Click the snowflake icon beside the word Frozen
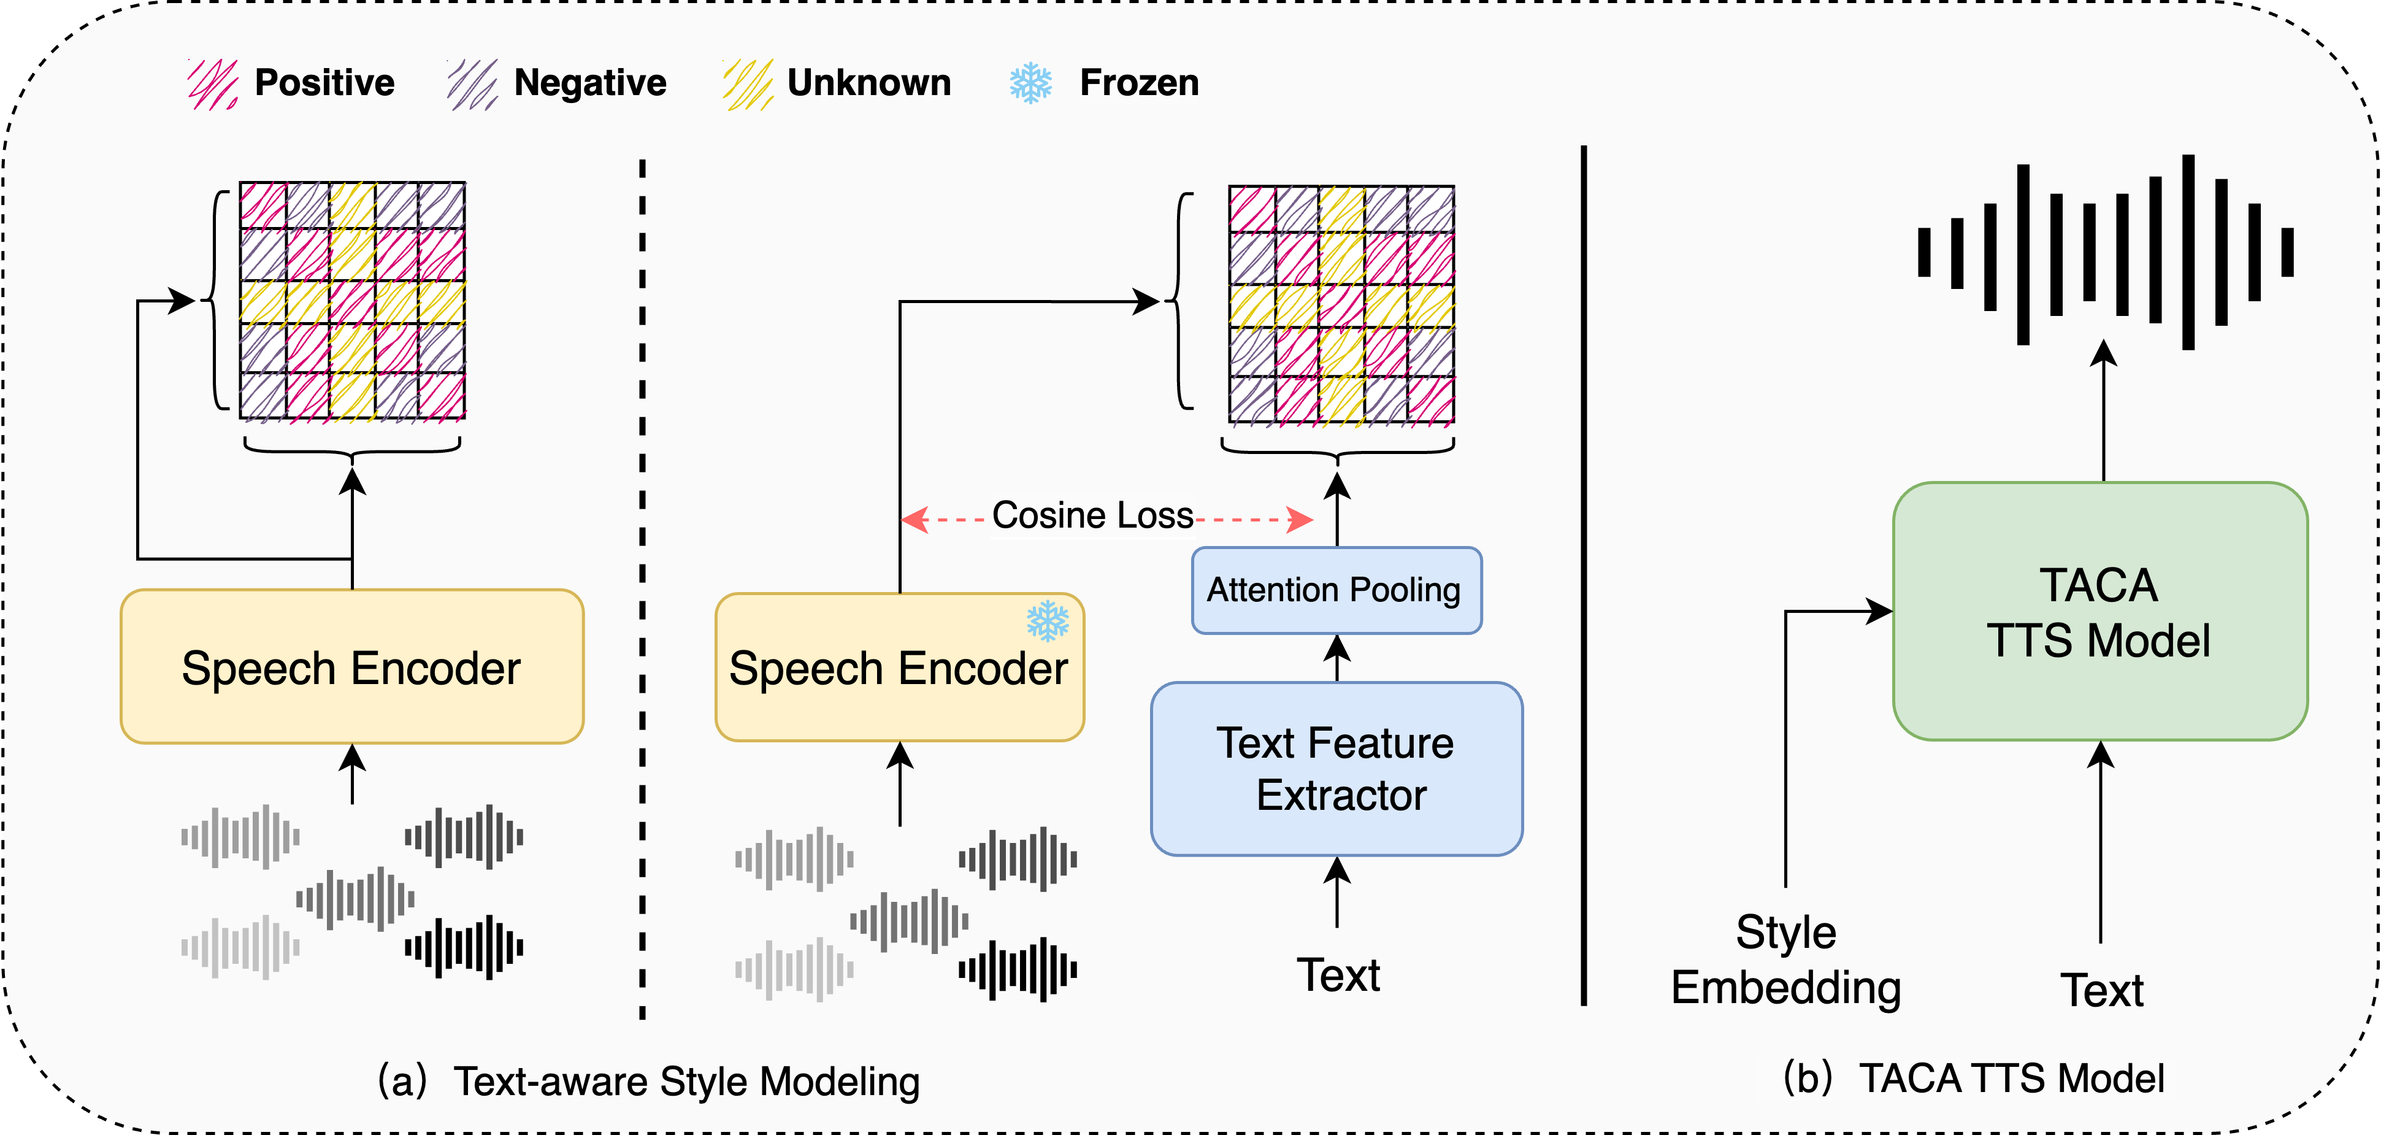click(x=1030, y=83)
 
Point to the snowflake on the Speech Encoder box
click(x=1047, y=620)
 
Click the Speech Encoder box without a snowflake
click(x=351, y=667)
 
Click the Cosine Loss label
click(x=1092, y=515)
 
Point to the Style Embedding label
click(x=1785, y=960)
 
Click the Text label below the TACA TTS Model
click(x=2101, y=990)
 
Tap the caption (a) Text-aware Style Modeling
click(x=649, y=1081)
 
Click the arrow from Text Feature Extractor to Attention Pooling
click(x=1336, y=658)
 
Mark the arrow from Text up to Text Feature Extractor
click(x=1336, y=891)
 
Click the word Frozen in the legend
click(x=1139, y=83)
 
